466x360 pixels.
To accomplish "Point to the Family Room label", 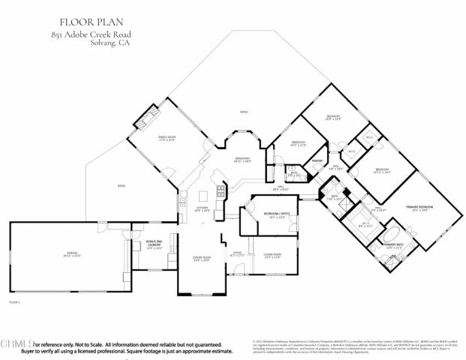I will [167, 139].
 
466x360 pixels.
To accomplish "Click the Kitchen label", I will [203, 210].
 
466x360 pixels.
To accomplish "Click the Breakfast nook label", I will [242, 160].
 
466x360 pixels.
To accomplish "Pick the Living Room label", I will [272, 256].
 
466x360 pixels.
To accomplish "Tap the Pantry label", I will [317, 160].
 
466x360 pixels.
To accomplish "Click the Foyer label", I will [237, 254].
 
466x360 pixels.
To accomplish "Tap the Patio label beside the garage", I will [121, 186].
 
